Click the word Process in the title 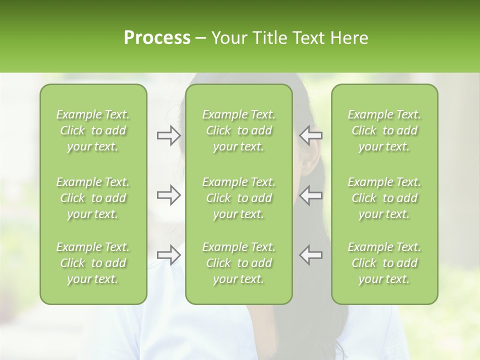(x=157, y=38)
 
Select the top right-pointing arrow (x=169, y=135)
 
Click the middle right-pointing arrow (x=169, y=195)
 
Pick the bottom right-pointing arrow (x=169, y=255)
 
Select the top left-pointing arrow (x=311, y=135)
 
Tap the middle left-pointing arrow (x=311, y=195)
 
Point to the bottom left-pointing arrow (x=311, y=255)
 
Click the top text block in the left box (x=93, y=130)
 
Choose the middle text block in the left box (x=93, y=198)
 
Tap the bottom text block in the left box (x=93, y=263)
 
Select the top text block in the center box (x=239, y=130)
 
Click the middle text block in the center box (x=239, y=198)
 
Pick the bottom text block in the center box (x=239, y=263)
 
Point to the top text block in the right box (x=384, y=130)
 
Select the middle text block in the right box (x=384, y=198)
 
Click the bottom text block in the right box (x=384, y=263)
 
